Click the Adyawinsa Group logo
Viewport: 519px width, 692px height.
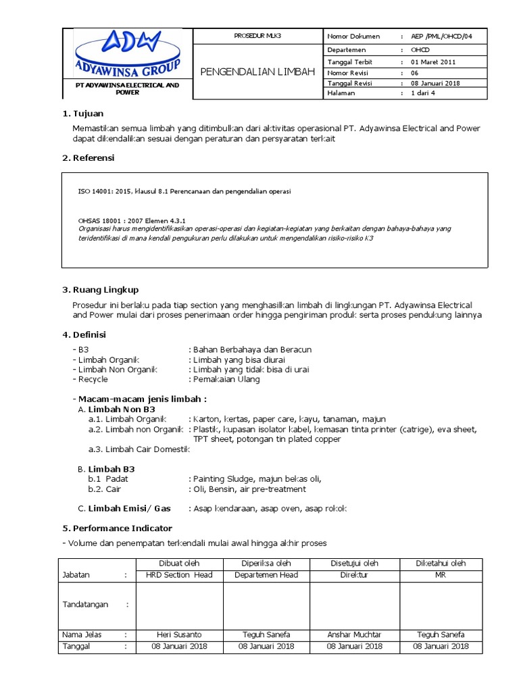tap(128, 55)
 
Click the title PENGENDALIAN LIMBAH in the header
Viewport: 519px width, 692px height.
tap(257, 72)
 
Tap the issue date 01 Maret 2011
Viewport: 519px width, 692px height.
tap(433, 61)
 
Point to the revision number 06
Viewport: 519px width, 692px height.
tap(415, 72)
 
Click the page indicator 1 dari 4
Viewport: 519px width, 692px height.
tap(423, 93)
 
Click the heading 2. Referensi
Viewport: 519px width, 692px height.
tap(89, 158)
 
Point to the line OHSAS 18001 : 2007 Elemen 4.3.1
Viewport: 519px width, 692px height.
tap(132, 221)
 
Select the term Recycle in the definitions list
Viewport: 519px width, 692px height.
tap(93, 380)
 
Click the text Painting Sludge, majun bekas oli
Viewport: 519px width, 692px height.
tap(257, 479)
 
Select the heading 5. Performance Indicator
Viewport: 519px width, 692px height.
tap(117, 528)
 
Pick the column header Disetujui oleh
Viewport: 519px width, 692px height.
tap(354, 563)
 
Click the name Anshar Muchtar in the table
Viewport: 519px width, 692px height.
tap(354, 635)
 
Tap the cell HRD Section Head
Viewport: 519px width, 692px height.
tap(179, 575)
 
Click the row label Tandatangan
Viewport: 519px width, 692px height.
tap(85, 605)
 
